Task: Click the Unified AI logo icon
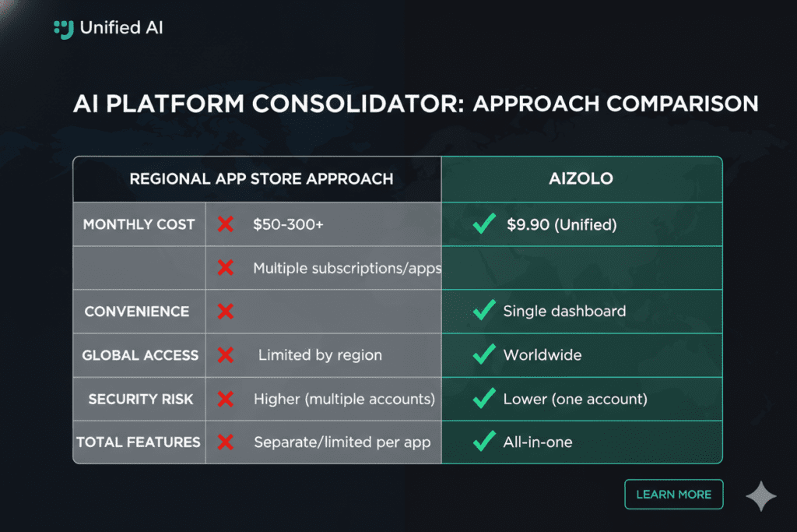click(64, 29)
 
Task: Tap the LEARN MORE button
click(673, 495)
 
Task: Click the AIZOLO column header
click(581, 178)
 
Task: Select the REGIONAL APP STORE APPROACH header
click(262, 179)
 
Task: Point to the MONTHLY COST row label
click(139, 224)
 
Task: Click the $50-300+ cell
click(288, 224)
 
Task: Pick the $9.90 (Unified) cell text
click(562, 224)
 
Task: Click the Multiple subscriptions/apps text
click(347, 268)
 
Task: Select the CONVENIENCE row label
click(137, 312)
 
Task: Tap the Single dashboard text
click(564, 311)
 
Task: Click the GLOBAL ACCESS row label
click(140, 355)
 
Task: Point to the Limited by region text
click(320, 355)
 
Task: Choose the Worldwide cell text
click(542, 354)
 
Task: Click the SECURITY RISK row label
click(141, 400)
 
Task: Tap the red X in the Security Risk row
click(226, 399)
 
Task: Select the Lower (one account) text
click(575, 399)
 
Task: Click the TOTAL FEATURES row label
click(139, 442)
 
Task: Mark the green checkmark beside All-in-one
click(484, 441)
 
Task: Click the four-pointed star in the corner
click(761, 496)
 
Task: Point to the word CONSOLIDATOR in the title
click(358, 104)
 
